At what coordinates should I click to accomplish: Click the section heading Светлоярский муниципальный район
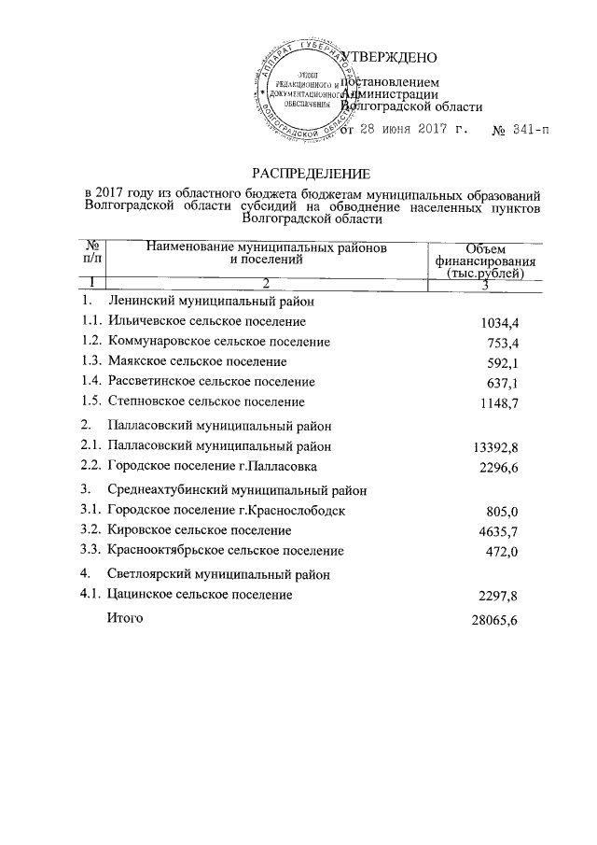coord(218,573)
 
